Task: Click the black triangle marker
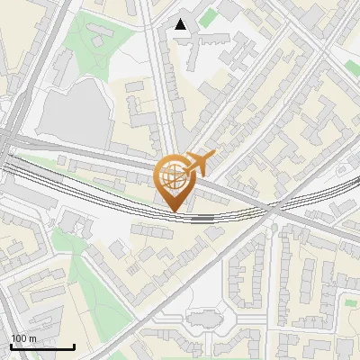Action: pos(181,24)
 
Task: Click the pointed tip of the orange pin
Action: pos(175,212)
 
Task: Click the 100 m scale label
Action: pos(24,338)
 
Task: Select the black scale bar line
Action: pos(42,346)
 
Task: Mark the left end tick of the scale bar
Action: pos(11,345)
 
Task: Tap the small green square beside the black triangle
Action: pos(209,17)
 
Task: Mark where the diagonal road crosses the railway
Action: pos(269,209)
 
